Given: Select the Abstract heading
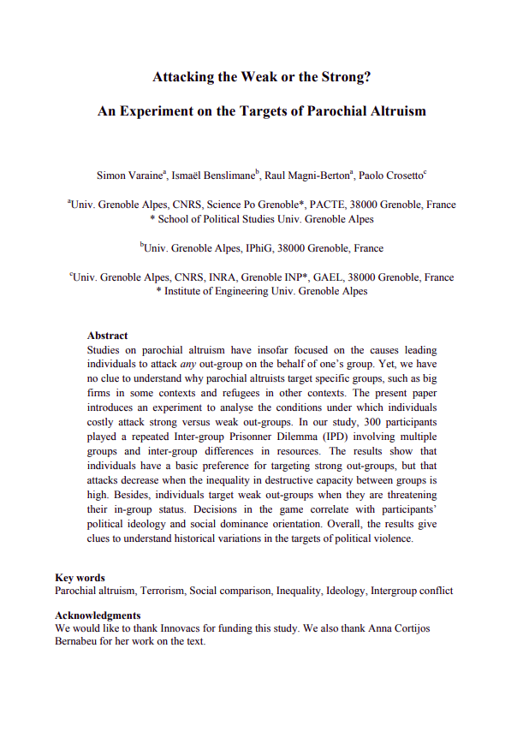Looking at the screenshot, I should pyautogui.click(x=107, y=336).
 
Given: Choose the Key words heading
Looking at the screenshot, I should pyautogui.click(x=80, y=578).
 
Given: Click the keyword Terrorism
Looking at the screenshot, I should pyautogui.click(x=162, y=591).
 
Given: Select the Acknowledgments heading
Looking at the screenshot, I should pyautogui.click(x=98, y=615).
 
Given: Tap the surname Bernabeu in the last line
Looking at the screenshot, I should pyautogui.click(x=79, y=641).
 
